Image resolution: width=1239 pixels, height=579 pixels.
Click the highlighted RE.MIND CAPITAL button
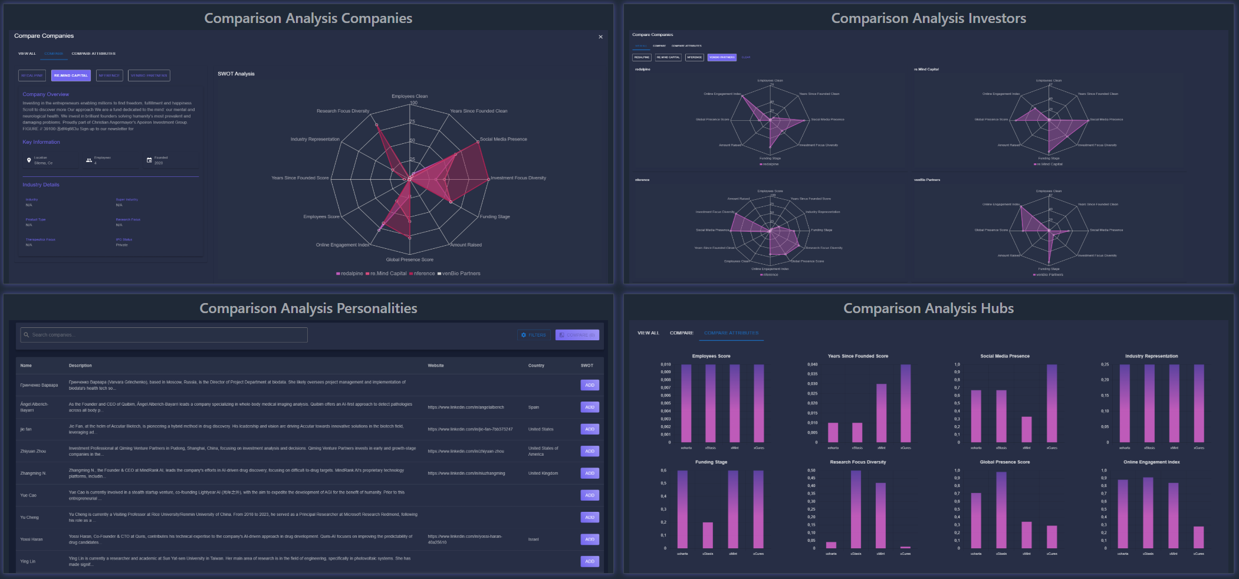[x=71, y=75]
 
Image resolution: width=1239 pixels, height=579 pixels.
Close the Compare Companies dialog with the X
[x=600, y=37]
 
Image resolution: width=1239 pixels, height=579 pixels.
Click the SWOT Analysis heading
[x=236, y=74]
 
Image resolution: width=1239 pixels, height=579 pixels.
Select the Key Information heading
[x=41, y=142]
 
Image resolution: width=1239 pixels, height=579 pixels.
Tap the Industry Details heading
[x=41, y=185]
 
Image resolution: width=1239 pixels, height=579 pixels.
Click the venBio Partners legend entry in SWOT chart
[x=461, y=274]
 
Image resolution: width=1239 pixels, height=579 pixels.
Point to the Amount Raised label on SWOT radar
[x=466, y=245]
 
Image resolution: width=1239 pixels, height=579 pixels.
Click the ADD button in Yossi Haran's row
[x=589, y=539]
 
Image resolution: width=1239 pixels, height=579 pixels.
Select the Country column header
[x=536, y=366]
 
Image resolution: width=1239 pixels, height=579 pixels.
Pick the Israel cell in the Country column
[x=533, y=539]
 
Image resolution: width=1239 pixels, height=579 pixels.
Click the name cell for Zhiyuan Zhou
[x=33, y=451]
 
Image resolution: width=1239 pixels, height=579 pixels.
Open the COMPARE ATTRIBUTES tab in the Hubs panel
[x=731, y=333]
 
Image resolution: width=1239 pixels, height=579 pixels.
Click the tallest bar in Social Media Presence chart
[x=1051, y=403]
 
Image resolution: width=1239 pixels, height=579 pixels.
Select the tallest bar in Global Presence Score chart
[x=1001, y=510]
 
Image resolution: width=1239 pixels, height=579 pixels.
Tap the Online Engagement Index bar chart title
[x=1151, y=462]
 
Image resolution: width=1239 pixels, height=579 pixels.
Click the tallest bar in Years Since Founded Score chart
[x=905, y=403]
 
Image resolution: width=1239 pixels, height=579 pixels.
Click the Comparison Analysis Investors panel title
[x=928, y=18]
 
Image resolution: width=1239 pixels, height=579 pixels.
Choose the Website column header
[x=436, y=366]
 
